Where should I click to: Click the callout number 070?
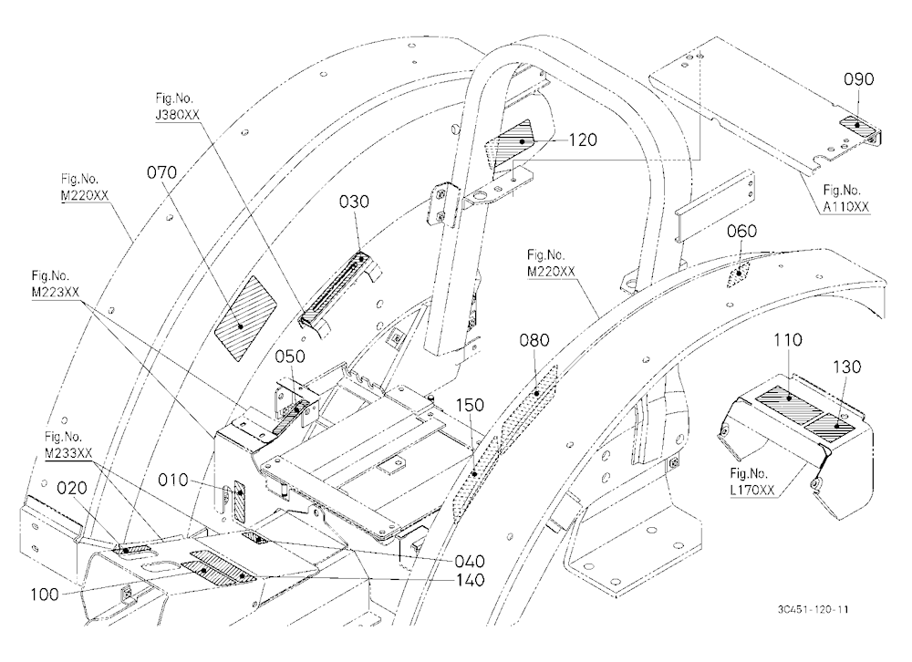[x=162, y=172]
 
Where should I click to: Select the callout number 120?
[x=582, y=140]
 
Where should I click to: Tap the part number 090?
[x=858, y=79]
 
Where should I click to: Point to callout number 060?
[x=742, y=232]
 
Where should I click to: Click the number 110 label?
[x=788, y=340]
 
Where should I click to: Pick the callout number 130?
[x=847, y=367]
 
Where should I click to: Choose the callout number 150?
[x=470, y=405]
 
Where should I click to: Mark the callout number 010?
[x=173, y=480]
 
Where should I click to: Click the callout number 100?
[x=45, y=595]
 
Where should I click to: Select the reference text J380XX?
[x=178, y=115]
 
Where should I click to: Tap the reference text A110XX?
[x=846, y=206]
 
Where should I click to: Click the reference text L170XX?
[x=752, y=491]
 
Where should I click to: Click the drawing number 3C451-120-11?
[x=813, y=610]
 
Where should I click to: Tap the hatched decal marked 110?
[x=788, y=399]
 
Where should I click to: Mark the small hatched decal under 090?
[x=860, y=126]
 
